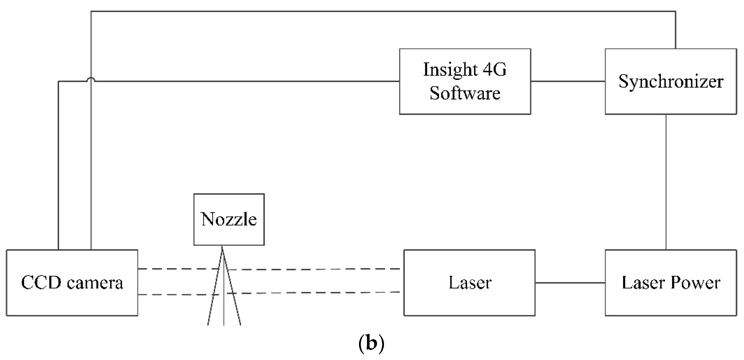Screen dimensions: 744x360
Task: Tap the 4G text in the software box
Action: click(495, 69)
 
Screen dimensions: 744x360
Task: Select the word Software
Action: click(465, 93)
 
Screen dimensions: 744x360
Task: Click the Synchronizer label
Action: click(671, 82)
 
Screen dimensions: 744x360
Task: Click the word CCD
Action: click(41, 282)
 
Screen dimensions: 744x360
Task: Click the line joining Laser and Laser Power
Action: click(570, 282)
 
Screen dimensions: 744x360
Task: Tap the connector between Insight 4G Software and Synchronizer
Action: click(568, 81)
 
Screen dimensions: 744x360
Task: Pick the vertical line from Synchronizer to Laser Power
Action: click(666, 182)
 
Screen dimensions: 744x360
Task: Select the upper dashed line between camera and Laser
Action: click(269, 269)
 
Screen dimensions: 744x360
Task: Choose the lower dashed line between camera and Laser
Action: click(269, 294)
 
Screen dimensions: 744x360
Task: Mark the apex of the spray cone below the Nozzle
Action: click(222, 246)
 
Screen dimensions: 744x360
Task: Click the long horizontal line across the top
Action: click(383, 11)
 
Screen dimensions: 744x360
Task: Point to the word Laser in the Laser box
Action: click(470, 282)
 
